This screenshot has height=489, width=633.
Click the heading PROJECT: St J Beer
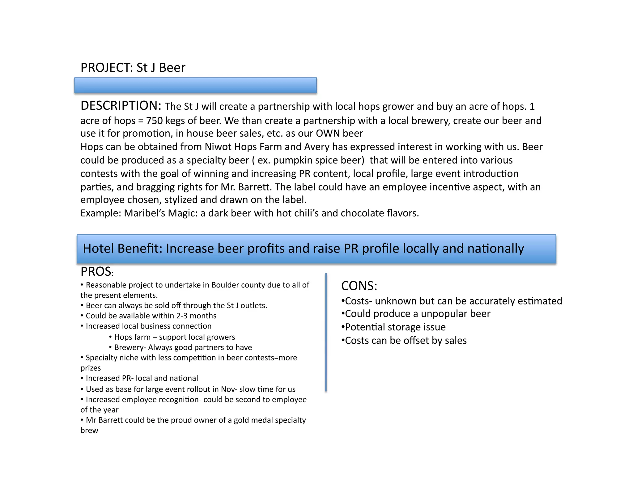pyautogui.click(x=133, y=68)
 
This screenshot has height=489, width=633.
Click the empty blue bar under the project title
pyautogui.click(x=195, y=85)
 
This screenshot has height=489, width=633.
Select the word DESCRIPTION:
pyautogui.click(x=121, y=106)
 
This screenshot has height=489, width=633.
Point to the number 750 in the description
pyautogui.click(x=154, y=121)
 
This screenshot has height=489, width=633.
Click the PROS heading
pyautogui.click(x=96, y=272)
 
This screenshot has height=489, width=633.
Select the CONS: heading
pyautogui.click(x=359, y=286)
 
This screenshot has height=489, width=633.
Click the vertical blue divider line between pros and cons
pyautogui.click(x=326, y=332)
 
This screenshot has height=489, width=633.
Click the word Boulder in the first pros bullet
pyautogui.click(x=225, y=285)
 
